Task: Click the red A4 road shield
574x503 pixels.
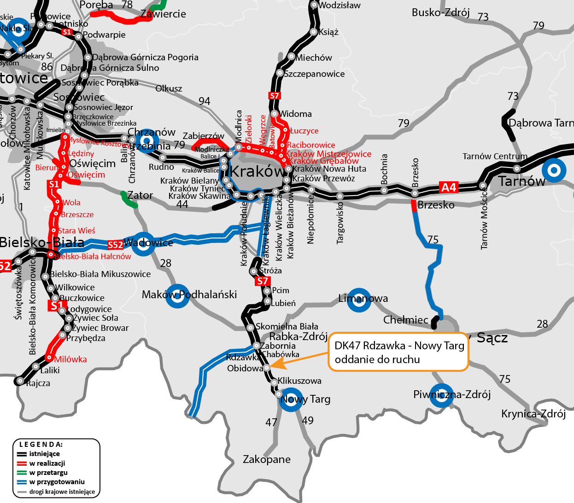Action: [x=448, y=187]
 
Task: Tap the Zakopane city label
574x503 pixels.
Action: [x=267, y=459]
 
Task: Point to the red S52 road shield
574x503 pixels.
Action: [x=115, y=245]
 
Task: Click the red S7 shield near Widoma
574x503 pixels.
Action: [x=274, y=96]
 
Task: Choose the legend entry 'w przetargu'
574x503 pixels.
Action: [x=48, y=473]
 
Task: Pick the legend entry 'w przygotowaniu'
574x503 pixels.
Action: [x=57, y=482]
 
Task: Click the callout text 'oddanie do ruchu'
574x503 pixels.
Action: [x=377, y=359]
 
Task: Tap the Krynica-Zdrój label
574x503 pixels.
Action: [x=533, y=414]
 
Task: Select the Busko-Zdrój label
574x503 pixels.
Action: [x=440, y=12]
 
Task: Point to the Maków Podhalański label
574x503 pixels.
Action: [x=189, y=295]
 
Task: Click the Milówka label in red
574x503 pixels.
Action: [x=70, y=359]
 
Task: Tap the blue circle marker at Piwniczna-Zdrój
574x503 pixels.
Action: [x=441, y=396]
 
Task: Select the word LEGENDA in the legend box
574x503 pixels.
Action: [x=41, y=445]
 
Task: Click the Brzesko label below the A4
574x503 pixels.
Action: [x=436, y=205]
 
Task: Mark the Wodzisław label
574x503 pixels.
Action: [x=340, y=6]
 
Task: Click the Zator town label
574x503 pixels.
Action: [x=140, y=196]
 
